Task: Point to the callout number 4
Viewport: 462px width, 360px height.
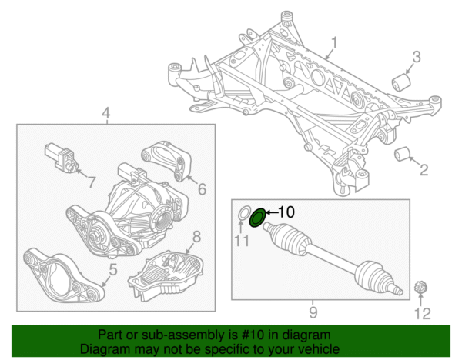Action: (106, 115)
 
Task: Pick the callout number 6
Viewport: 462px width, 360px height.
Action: (202, 188)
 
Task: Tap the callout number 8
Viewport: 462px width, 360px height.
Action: (196, 236)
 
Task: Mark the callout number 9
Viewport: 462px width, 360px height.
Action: (313, 312)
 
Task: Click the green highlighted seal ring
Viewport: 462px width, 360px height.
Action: (258, 217)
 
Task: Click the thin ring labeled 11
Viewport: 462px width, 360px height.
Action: (242, 212)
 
